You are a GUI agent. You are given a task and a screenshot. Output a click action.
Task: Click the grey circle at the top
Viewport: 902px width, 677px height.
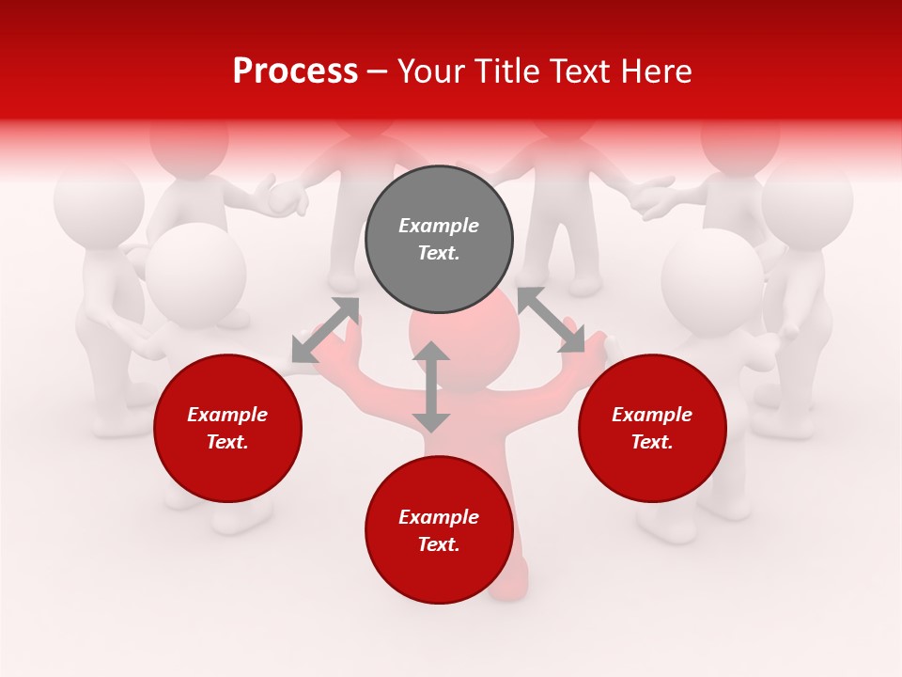coord(439,239)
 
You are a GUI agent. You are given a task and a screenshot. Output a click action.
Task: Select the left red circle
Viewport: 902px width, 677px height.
coord(227,429)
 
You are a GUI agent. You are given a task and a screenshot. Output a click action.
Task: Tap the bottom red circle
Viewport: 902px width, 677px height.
coord(439,529)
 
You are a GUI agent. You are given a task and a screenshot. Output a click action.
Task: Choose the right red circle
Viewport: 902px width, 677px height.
coord(652,429)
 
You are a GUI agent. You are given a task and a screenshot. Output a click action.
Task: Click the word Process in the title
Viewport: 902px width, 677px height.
coord(295,71)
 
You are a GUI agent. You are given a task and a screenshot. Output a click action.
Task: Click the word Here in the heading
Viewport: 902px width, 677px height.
coord(658,71)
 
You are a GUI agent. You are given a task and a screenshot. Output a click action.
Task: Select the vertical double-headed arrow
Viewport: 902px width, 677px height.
coord(431,386)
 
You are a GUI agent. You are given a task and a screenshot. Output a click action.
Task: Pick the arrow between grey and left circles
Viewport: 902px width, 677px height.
coord(325,329)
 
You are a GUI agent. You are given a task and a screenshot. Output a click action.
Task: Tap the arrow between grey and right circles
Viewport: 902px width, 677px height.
coord(551,320)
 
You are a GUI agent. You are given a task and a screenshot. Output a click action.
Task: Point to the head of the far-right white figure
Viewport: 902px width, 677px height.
coord(806,199)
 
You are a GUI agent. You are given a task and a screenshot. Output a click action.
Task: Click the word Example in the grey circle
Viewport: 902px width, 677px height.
coord(439,226)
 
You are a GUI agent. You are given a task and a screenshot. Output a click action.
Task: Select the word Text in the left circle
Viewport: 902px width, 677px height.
coord(227,442)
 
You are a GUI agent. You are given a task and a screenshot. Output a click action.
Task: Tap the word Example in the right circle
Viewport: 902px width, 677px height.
coord(652,415)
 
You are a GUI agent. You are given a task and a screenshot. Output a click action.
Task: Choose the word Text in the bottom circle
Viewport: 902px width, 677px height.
coord(439,544)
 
